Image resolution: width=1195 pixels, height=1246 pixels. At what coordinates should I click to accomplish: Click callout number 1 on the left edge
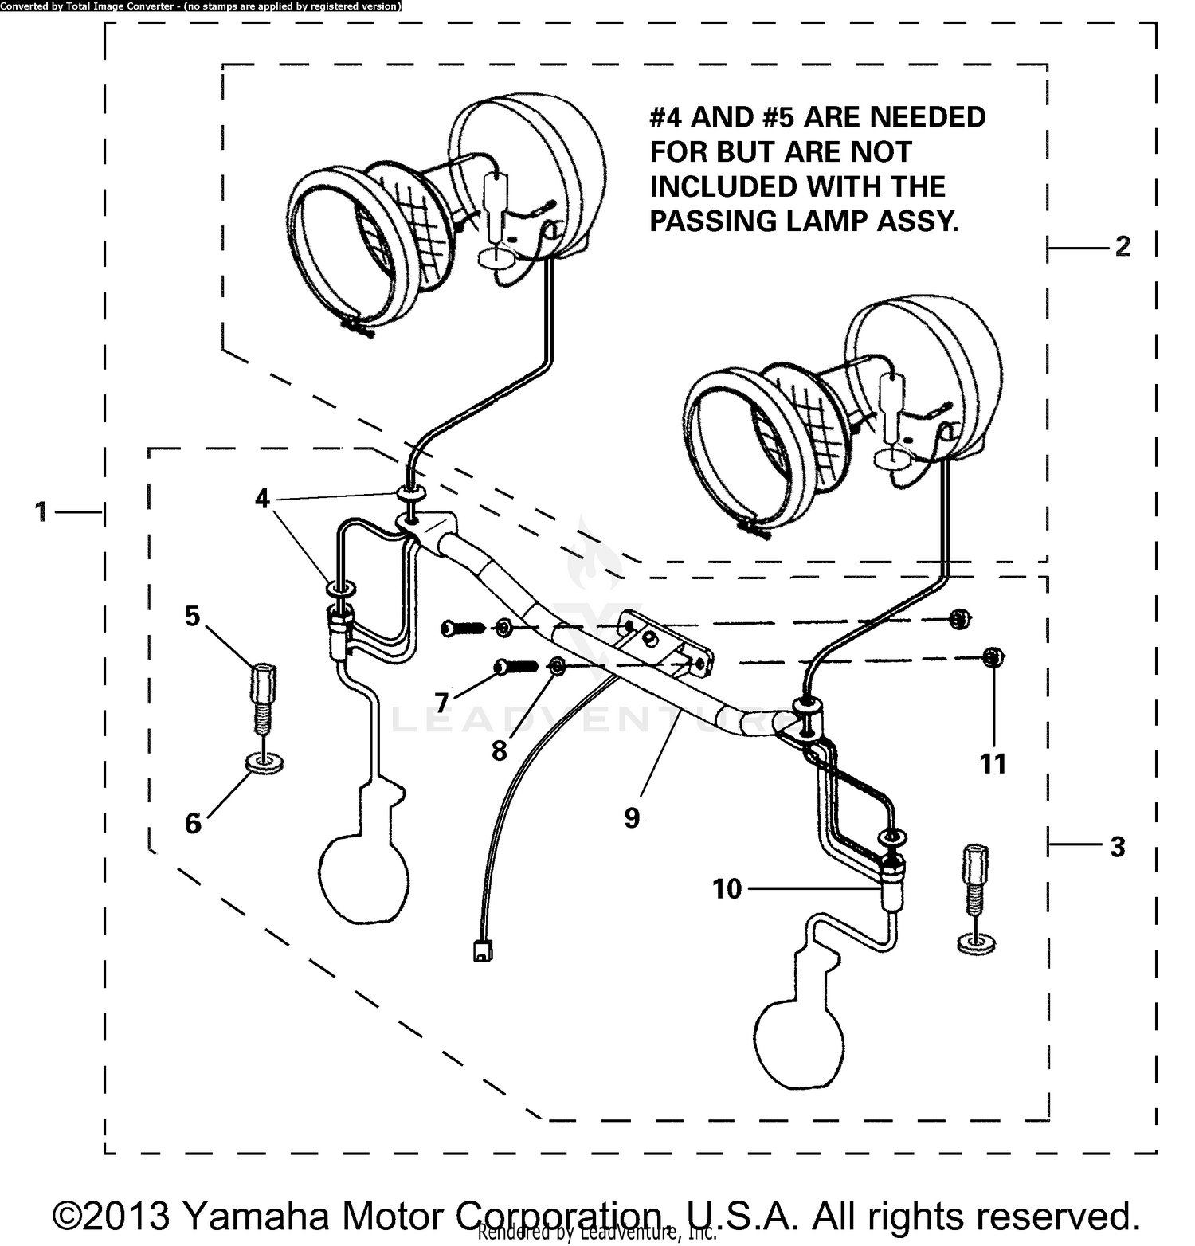(41, 511)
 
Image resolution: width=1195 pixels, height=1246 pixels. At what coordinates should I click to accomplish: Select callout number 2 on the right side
(1122, 246)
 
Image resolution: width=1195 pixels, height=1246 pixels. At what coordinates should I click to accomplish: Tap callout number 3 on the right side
(1117, 847)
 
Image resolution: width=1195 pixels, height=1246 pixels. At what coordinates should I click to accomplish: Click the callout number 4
(263, 500)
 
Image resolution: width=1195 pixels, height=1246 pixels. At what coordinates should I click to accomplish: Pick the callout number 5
(192, 616)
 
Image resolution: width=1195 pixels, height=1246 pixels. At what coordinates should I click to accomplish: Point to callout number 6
(193, 824)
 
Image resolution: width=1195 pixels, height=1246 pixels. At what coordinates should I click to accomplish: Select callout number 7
(441, 703)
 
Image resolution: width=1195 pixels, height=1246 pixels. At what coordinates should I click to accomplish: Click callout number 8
(499, 750)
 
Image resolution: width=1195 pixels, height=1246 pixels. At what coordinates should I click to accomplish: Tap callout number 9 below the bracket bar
(631, 817)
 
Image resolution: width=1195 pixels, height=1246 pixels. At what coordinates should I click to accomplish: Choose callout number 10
(727, 888)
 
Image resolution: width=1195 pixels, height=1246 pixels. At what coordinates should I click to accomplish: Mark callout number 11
(993, 763)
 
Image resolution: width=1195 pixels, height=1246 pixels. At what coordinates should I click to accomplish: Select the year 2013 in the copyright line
(126, 1216)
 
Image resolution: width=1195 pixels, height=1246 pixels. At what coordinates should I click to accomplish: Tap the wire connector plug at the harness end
(482, 950)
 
